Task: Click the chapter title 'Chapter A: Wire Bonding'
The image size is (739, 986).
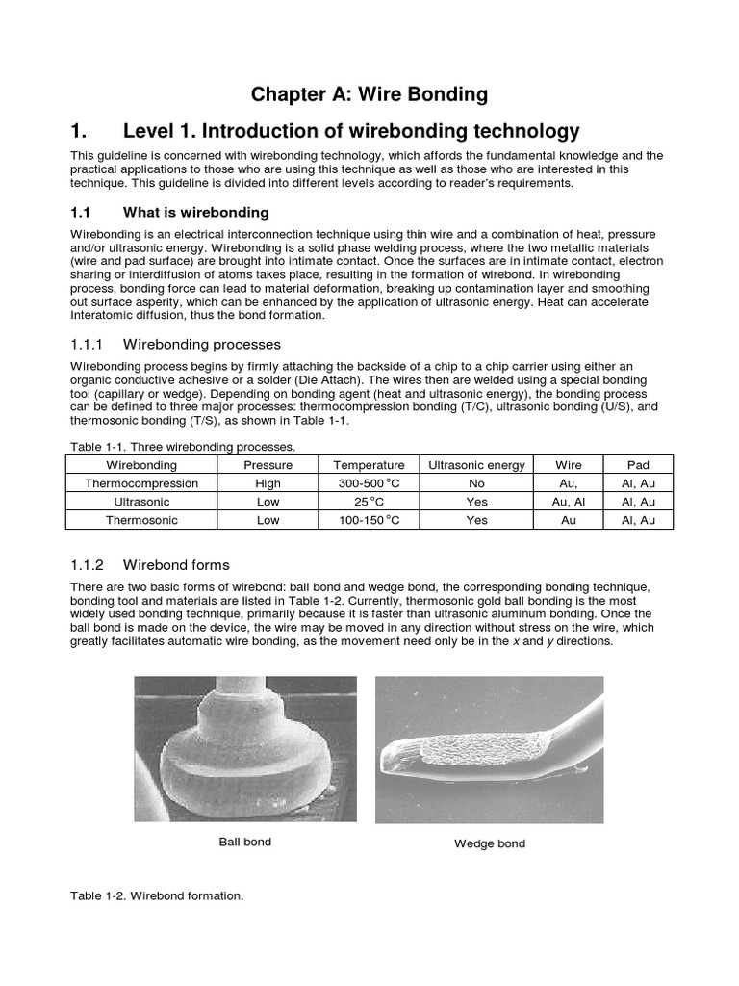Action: coord(369,94)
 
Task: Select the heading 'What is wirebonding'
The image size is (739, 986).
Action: coord(196,212)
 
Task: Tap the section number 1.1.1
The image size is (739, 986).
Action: coord(92,344)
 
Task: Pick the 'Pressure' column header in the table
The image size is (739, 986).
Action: coord(268,465)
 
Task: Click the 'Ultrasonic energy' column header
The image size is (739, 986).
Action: coord(476,465)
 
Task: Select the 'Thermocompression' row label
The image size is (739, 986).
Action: coord(141,483)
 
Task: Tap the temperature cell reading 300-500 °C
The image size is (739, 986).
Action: coord(362,483)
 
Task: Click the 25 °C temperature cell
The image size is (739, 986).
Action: coord(362,502)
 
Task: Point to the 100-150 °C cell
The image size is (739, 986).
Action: coord(362,520)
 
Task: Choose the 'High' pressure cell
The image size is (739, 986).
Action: coord(268,483)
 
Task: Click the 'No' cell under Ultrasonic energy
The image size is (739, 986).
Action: coord(476,483)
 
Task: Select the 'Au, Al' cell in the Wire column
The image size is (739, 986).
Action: coord(569,502)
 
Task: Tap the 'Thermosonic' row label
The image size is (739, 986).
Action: coord(141,520)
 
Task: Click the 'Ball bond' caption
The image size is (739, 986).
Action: coord(244,842)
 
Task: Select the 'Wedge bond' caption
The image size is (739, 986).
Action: coord(490,844)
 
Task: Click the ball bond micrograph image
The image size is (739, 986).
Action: coord(244,748)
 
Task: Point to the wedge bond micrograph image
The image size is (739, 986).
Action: coord(489,749)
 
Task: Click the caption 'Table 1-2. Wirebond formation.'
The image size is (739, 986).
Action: coord(157,895)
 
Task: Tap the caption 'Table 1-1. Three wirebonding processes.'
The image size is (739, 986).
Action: coord(183,447)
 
